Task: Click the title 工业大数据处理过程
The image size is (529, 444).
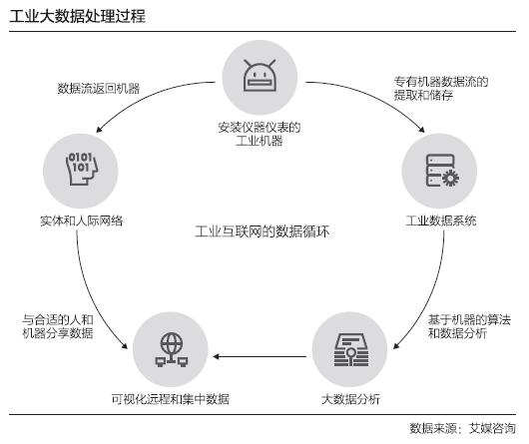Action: (77, 16)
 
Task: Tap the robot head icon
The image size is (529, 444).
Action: (260, 76)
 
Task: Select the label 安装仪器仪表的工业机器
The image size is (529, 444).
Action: (260, 134)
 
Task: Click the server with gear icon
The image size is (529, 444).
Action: (442, 171)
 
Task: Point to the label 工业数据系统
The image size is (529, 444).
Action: (440, 221)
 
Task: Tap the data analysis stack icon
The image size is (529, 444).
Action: (351, 349)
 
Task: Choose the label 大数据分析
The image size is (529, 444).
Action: (351, 399)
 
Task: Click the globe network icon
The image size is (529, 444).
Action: (172, 349)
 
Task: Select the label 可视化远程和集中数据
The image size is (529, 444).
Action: (171, 399)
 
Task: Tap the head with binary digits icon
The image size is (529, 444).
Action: (81, 169)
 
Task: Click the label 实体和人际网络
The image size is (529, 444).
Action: (81, 221)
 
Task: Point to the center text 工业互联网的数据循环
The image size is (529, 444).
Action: (262, 231)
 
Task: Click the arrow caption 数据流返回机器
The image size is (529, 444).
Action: (99, 89)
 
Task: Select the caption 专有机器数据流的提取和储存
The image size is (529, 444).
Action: (441, 89)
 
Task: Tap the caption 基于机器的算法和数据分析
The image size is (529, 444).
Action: (469, 326)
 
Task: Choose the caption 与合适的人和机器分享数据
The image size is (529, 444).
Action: (58, 326)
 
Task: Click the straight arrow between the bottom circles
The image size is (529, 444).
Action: (260, 356)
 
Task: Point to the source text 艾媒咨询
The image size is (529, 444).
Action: (492, 428)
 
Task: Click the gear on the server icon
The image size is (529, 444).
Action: (451, 178)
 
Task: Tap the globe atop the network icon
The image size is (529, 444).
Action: (172, 342)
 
